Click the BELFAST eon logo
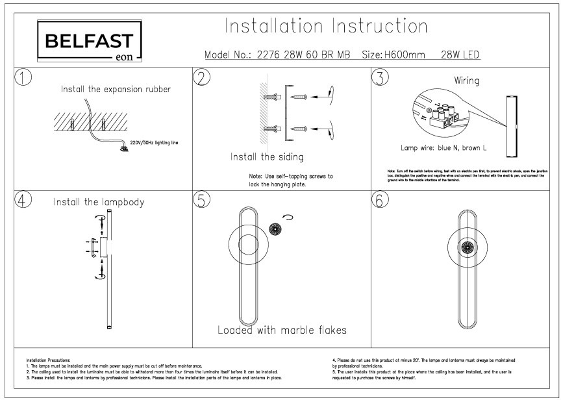click(89, 43)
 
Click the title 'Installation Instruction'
click(326, 27)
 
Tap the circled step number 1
click(23, 78)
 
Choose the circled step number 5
click(203, 201)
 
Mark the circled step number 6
click(379, 201)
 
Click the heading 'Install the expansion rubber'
click(116, 89)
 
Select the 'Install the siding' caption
click(267, 157)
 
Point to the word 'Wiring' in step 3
click(467, 82)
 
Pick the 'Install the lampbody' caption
click(99, 201)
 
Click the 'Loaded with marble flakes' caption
click(282, 330)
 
